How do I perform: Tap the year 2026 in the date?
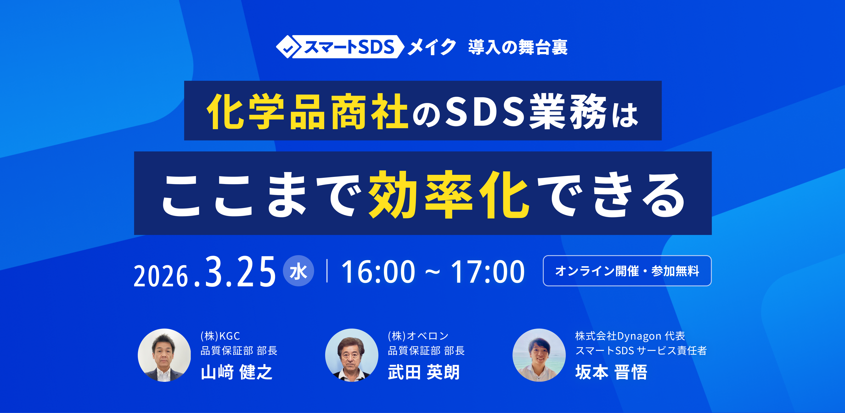pos(161,276)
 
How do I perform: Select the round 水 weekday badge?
pos(298,271)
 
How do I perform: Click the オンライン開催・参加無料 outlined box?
pos(627,271)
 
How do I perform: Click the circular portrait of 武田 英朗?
pos(352,355)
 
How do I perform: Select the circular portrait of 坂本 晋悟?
pos(539,355)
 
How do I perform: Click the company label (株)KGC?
pos(220,336)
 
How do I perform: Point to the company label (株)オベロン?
pos(418,336)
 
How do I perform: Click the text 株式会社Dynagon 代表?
pos(630,336)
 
